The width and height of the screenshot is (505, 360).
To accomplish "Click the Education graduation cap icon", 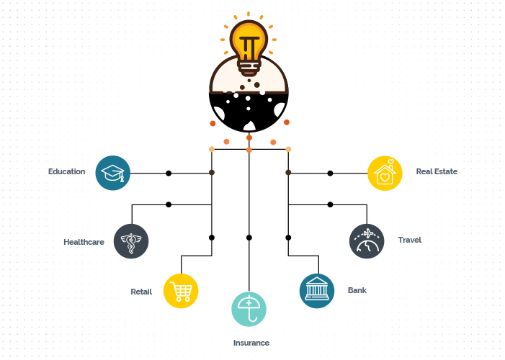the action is coord(112,173).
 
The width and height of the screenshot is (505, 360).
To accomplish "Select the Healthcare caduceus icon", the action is coord(131,241).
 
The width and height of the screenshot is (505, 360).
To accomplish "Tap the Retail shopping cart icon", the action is coord(181,291).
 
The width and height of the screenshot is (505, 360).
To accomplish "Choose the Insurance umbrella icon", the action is coord(249,309).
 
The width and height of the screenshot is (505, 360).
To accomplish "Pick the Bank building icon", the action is coord(317,291).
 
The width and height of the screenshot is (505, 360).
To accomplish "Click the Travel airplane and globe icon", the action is coord(367,241).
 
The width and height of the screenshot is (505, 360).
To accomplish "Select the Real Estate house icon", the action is coord(385,174).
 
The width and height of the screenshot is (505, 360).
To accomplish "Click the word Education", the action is coord(67,171).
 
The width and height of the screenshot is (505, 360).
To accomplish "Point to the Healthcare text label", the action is coord(84,242).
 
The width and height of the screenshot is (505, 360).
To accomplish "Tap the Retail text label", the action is coord(141,292).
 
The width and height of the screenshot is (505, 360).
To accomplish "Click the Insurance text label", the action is coord(251,343).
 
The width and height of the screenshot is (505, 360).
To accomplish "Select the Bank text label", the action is coord(357,290).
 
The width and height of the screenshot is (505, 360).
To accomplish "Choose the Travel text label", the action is coord(410,240).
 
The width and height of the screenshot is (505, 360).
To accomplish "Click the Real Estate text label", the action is coord(437,171).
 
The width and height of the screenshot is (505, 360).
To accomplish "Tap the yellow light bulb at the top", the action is coord(249,47).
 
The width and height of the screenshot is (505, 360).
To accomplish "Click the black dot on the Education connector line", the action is coord(169,174).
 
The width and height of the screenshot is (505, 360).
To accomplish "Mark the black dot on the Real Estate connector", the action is coord(330,174).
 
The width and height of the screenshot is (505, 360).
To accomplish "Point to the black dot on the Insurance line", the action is coord(249,238).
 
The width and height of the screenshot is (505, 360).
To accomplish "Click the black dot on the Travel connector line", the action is coord(330,204).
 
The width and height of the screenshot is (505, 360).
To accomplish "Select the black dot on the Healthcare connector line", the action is coord(169,204).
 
